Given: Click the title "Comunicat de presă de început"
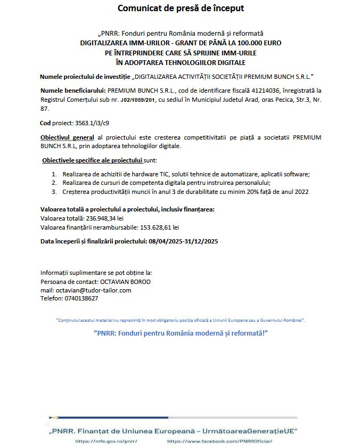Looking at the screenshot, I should (x=181, y=9).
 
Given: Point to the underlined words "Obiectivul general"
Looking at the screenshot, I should (x=67, y=137).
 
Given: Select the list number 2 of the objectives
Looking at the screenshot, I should (x=54, y=183).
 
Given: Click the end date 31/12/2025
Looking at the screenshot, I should (x=201, y=241).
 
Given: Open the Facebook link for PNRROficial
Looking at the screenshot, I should (x=219, y=442).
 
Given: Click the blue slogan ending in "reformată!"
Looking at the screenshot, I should (x=180, y=333).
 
